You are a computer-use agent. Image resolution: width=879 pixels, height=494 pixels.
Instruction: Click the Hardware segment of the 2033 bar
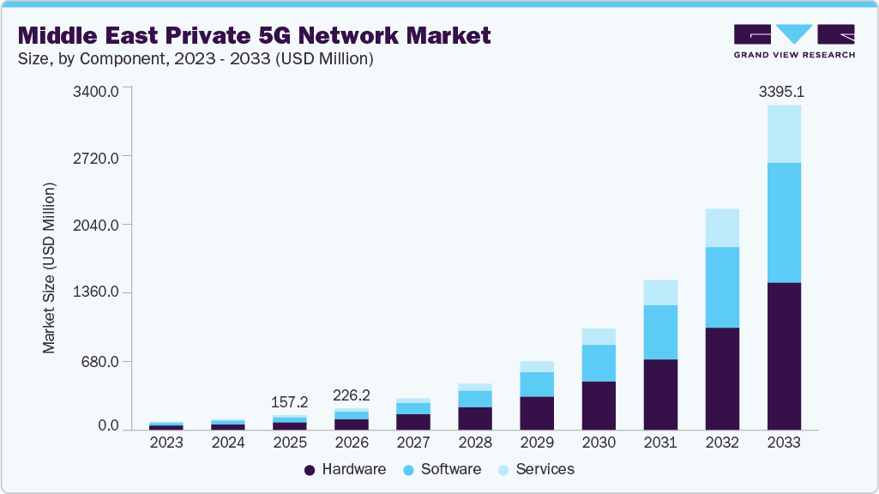click(x=784, y=356)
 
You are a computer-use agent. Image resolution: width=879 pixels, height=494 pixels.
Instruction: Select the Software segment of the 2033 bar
click(x=784, y=222)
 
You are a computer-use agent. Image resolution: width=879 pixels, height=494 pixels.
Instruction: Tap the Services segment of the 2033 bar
click(x=784, y=134)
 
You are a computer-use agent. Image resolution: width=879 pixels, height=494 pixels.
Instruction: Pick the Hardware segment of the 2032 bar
click(x=722, y=378)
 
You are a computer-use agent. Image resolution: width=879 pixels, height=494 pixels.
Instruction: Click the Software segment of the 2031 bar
click(x=660, y=332)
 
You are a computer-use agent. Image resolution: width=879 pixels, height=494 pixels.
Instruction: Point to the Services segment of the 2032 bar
click(x=722, y=228)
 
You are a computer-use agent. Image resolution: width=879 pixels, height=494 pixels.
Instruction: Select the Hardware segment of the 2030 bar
click(x=599, y=405)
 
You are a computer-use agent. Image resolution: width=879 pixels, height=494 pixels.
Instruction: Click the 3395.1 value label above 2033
click(x=784, y=92)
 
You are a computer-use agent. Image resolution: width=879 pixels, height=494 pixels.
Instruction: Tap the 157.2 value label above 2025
click(x=290, y=401)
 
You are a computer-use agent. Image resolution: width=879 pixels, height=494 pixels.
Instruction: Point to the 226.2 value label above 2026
click(x=352, y=395)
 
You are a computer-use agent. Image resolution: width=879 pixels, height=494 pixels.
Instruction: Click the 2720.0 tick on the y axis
click(x=95, y=157)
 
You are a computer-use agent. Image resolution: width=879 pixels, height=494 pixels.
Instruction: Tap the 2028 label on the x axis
click(x=475, y=443)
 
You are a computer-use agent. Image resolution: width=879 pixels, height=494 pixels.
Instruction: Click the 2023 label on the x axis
click(x=166, y=443)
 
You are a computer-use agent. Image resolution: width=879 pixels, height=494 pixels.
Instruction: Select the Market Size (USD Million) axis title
click(x=50, y=268)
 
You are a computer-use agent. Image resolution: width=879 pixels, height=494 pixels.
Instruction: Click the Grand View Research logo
click(x=793, y=41)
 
